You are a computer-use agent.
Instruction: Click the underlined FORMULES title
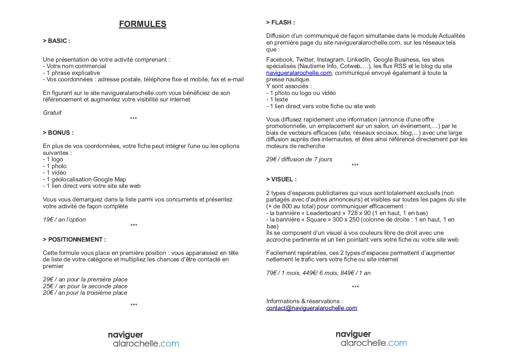(x=142, y=24)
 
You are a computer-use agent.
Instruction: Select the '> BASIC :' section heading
(x=56, y=41)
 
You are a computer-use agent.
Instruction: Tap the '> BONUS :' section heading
(x=58, y=133)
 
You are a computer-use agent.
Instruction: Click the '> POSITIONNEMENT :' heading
(x=74, y=240)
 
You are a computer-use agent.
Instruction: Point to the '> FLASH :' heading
(x=281, y=22)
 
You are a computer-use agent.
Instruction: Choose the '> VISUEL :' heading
(x=281, y=179)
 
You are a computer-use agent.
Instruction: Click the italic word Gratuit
(x=52, y=113)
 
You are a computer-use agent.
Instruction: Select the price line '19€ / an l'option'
(x=64, y=219)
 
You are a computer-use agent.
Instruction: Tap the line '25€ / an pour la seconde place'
(x=85, y=286)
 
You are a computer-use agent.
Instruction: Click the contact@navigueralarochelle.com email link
(x=311, y=308)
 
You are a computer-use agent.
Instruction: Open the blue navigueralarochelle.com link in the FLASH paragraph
(x=299, y=73)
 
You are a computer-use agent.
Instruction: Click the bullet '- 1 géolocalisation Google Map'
(x=84, y=179)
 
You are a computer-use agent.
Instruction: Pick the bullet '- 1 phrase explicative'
(x=71, y=73)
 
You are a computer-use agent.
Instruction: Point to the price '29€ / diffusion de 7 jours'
(x=299, y=159)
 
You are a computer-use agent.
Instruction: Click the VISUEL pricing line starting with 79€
(x=318, y=273)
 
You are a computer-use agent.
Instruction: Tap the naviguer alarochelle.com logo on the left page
(x=143, y=340)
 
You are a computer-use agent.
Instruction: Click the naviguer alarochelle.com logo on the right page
(x=371, y=339)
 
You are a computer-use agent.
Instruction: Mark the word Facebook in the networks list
(x=279, y=60)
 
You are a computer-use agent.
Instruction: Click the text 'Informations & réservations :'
(x=304, y=301)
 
